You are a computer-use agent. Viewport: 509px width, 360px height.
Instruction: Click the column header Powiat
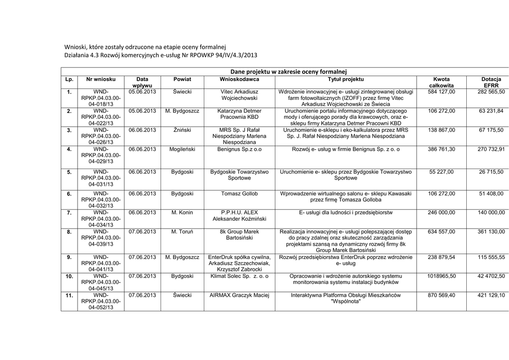tap(182, 80)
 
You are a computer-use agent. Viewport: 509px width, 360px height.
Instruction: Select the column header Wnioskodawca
tap(239, 80)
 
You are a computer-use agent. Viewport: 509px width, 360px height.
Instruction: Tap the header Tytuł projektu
tap(345, 80)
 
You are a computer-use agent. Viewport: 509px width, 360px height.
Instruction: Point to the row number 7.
tap(69, 213)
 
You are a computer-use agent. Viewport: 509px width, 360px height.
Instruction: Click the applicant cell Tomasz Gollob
tap(239, 193)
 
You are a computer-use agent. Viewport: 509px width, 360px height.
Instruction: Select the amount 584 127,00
tap(441, 92)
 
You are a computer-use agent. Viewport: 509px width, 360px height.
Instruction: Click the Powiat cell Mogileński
tap(182, 149)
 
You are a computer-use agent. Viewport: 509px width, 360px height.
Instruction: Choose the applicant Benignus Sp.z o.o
tap(239, 149)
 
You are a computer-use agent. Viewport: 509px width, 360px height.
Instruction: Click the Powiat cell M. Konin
tap(182, 212)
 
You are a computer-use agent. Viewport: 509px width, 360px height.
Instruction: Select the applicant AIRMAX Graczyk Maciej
tap(239, 295)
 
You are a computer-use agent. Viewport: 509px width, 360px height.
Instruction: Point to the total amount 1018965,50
tap(441, 275)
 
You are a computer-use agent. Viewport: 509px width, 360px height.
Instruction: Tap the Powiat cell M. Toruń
tap(182, 231)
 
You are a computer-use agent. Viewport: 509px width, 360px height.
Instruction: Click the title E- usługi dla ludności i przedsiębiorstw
tap(345, 212)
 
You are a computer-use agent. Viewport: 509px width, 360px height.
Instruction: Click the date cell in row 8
tap(142, 231)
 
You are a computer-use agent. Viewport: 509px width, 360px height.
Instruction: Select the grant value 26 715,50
tap(491, 172)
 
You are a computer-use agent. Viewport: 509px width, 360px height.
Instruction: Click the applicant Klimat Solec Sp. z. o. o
tap(239, 275)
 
